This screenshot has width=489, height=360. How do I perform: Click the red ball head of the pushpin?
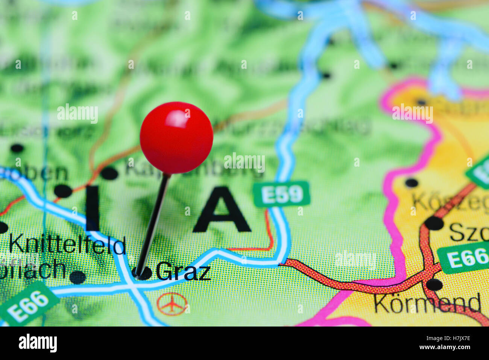176,138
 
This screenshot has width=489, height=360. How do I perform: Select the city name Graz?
183,271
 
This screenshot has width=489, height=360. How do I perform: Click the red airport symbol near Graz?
172,304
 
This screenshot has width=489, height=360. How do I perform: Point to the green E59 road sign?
281,194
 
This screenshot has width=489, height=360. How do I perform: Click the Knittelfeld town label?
67,245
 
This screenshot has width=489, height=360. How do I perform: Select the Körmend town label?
427,303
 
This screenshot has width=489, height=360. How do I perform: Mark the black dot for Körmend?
434,284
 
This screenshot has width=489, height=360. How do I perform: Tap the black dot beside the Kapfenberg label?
109,173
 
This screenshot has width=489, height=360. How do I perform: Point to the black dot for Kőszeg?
411,183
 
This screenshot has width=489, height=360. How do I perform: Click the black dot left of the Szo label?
434,223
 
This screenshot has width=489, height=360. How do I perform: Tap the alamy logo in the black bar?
38,343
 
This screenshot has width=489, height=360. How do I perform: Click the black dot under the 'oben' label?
63,191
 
